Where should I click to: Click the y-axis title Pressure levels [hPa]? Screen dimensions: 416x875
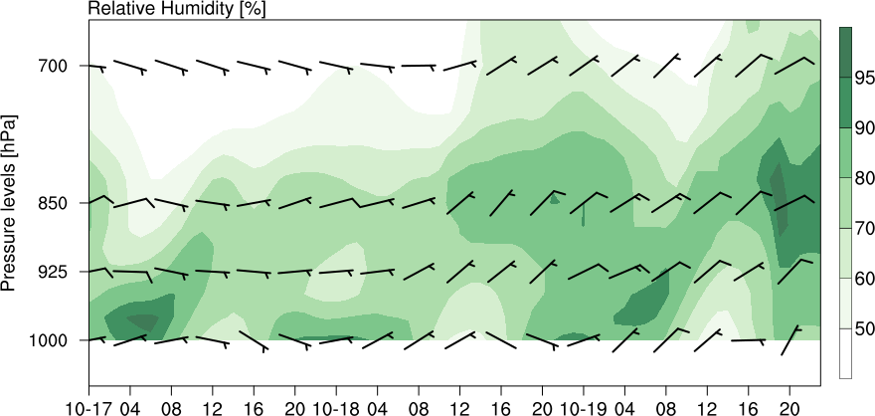(x=11, y=202)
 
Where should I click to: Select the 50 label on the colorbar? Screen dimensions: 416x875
(x=865, y=328)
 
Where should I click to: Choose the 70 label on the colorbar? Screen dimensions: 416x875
(x=865, y=228)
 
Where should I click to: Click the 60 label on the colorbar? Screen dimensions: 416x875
(x=865, y=279)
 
